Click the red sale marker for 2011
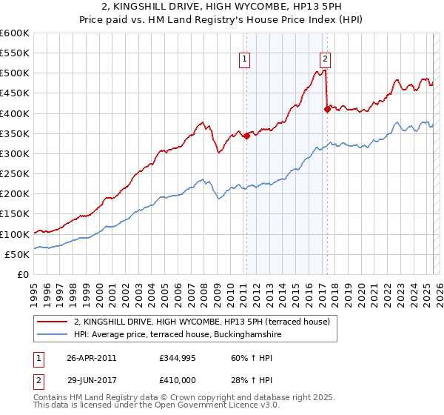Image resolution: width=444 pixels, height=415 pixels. [x=246, y=136]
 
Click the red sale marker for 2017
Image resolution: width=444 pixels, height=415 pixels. [x=327, y=110]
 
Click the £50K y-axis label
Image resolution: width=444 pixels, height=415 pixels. [x=17, y=254]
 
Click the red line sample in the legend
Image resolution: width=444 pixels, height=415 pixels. [x=53, y=321]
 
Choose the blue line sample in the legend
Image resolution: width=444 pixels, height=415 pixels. [x=53, y=335]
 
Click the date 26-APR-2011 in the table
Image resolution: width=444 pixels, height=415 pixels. [x=91, y=358]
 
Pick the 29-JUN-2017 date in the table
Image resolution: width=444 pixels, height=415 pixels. [x=91, y=380]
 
